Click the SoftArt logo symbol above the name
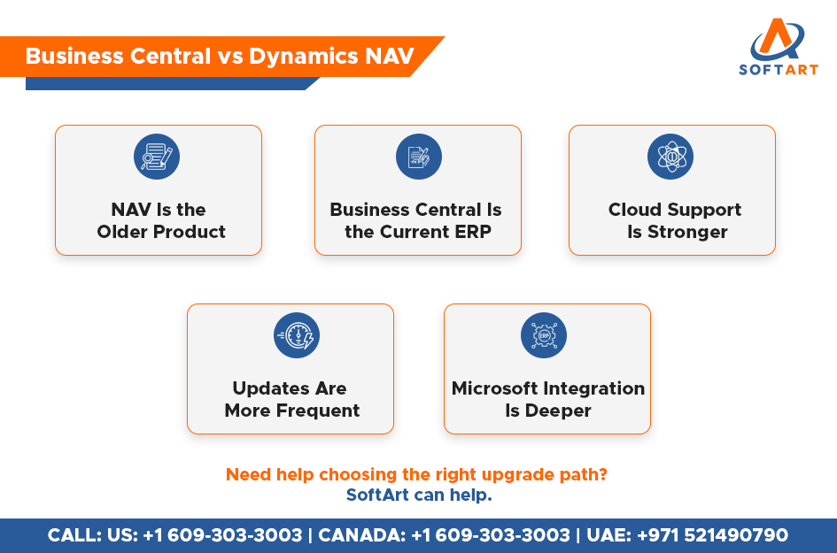(778, 39)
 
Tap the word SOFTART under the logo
(778, 69)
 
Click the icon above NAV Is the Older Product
(157, 157)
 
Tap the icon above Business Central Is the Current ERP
(418, 157)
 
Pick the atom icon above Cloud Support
(670, 157)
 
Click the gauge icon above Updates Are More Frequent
(297, 335)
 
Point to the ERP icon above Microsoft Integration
(544, 335)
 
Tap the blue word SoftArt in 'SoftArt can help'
(377, 495)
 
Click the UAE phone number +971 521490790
(713, 535)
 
